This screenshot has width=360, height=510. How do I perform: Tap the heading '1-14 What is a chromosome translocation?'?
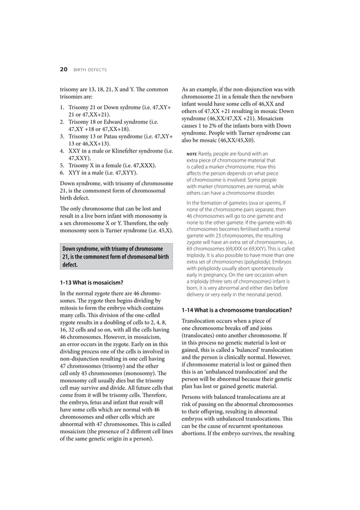(x=236, y=310)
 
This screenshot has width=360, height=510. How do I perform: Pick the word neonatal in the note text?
(x=257, y=294)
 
